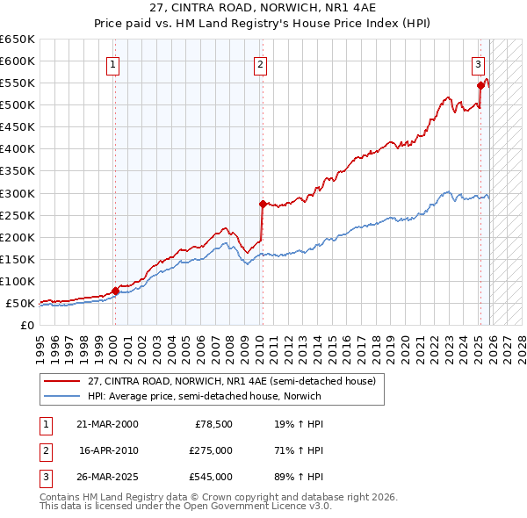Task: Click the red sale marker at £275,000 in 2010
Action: pyautogui.click(x=262, y=204)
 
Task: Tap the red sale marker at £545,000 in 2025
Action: pyautogui.click(x=480, y=85)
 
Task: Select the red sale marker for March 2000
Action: pyautogui.click(x=115, y=291)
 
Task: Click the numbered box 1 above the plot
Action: pyautogui.click(x=115, y=63)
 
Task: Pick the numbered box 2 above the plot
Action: pyautogui.click(x=262, y=63)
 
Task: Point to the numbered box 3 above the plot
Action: pyautogui.click(x=478, y=63)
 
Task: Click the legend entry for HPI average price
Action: pyautogui.click(x=204, y=396)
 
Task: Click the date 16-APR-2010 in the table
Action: pyautogui.click(x=110, y=450)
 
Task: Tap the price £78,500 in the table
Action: pyautogui.click(x=213, y=423)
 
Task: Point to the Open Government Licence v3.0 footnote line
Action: pyautogui.click(x=185, y=507)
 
